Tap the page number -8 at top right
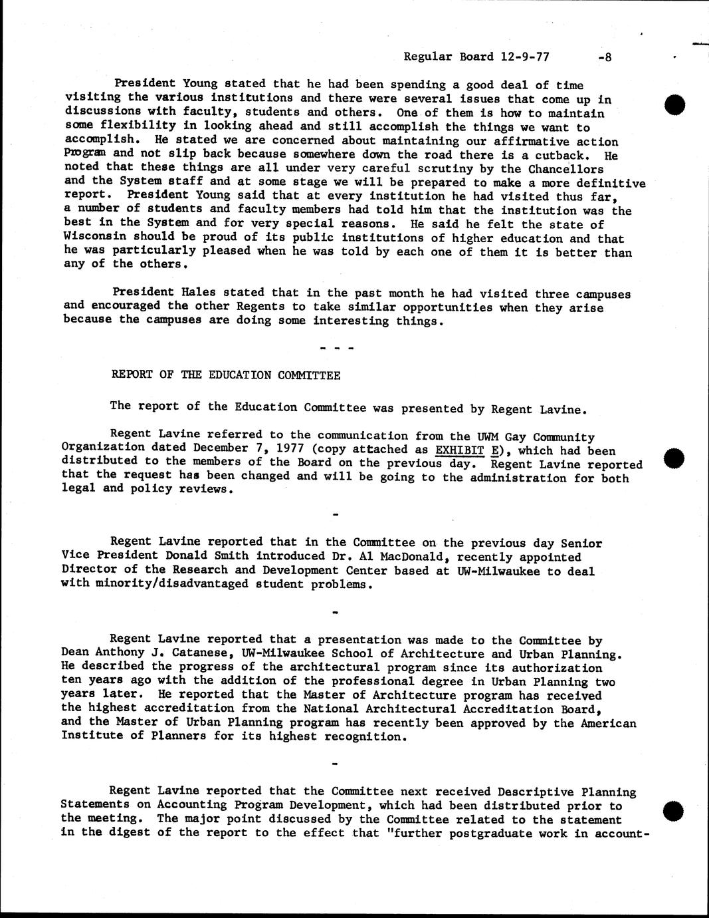[x=604, y=57]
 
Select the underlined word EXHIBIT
[x=459, y=450]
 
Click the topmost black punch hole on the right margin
[x=674, y=105]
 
